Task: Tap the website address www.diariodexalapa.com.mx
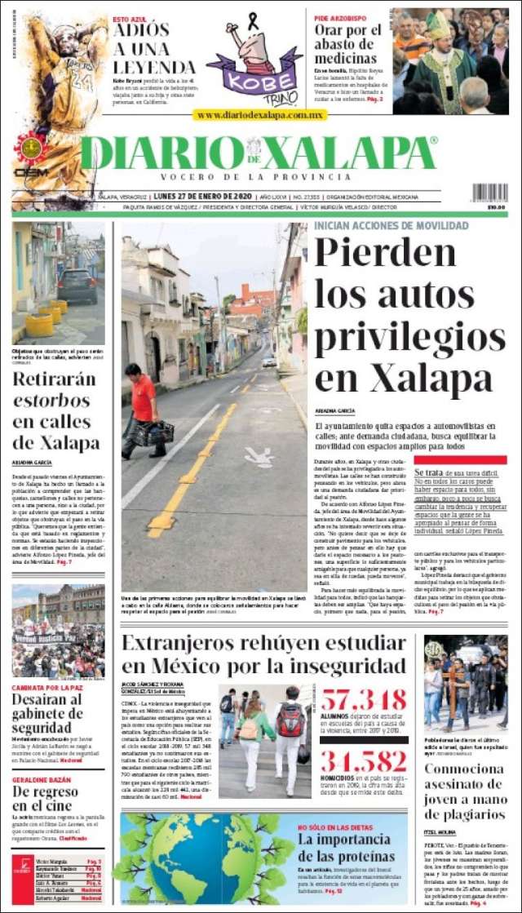click(x=259, y=116)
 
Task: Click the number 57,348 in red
click(x=363, y=699)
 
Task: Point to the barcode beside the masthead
click(x=489, y=193)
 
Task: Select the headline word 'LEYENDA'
click(x=154, y=67)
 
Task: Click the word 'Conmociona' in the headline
click(x=464, y=768)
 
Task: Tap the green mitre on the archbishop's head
click(x=438, y=25)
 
